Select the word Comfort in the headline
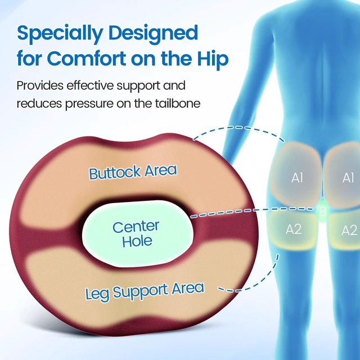87,58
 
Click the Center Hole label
136,234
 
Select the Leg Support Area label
145,291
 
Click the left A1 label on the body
297,178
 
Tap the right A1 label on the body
348,178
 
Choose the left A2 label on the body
294,229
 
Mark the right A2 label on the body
349,230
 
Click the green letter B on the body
323,211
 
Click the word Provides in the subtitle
40,85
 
